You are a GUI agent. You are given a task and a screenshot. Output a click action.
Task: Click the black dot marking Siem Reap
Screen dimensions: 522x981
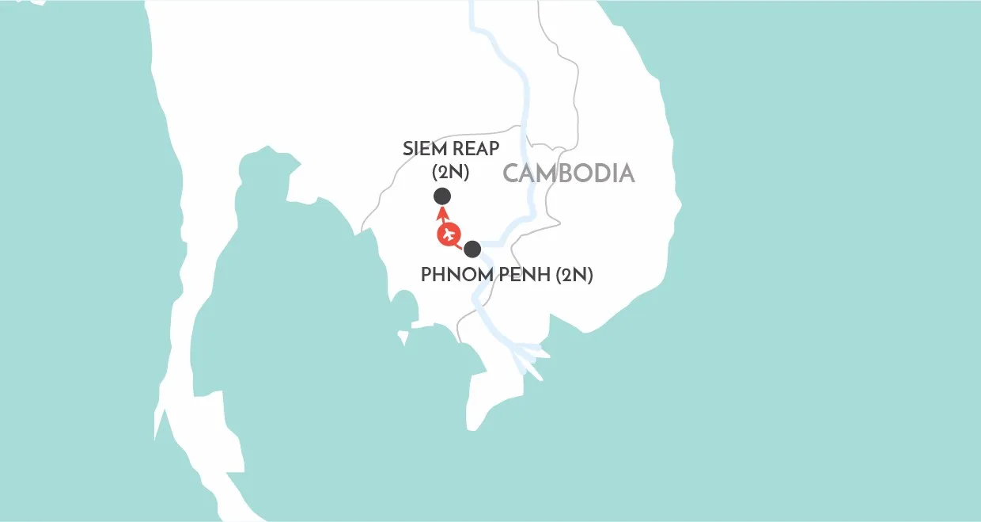442,196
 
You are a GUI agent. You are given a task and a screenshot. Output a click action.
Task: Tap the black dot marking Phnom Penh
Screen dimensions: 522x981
472,249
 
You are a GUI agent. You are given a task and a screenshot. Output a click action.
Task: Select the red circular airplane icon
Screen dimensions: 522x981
449,234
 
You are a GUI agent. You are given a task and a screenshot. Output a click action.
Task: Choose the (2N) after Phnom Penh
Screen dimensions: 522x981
575,275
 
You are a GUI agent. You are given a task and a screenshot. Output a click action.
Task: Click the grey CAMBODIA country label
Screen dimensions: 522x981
569,173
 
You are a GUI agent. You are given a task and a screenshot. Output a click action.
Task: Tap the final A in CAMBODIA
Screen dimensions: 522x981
627,173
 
